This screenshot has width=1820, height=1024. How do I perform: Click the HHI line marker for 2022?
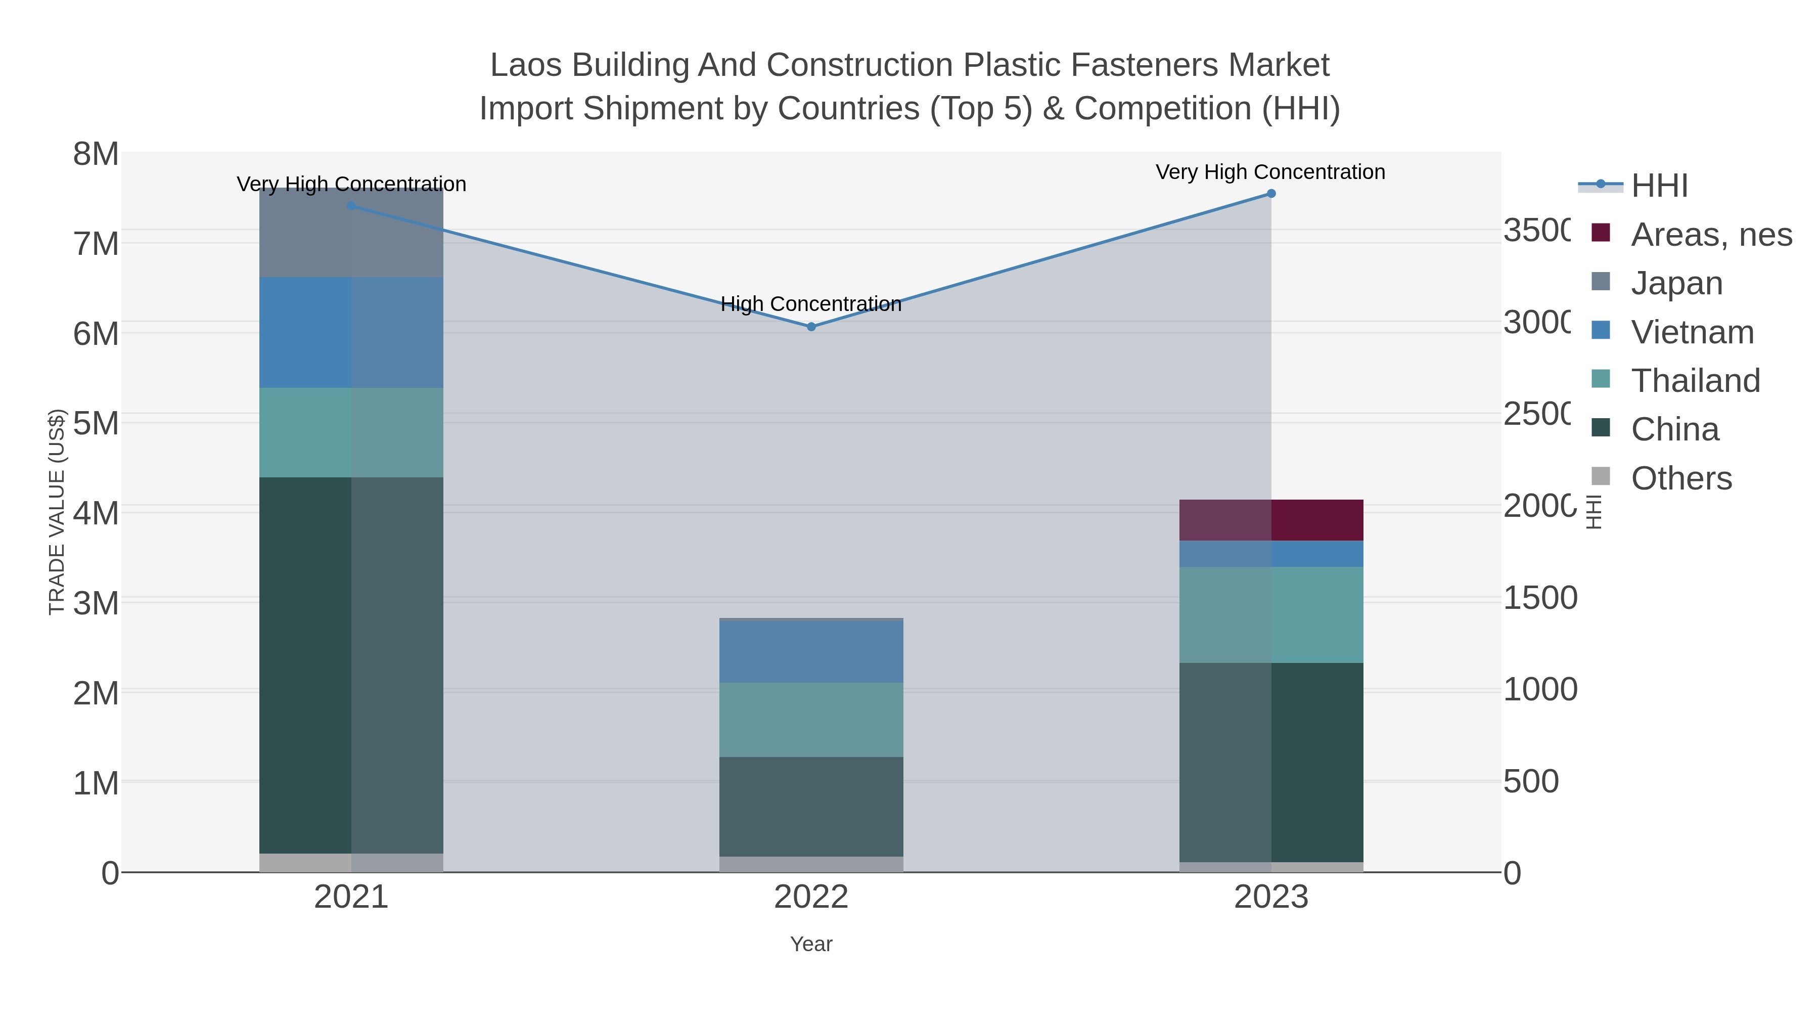tap(811, 327)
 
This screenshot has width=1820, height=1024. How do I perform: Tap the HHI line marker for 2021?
tap(351, 206)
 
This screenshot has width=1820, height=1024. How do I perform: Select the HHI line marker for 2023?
tap(1271, 193)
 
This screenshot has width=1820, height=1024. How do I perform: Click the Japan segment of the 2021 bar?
tap(351, 233)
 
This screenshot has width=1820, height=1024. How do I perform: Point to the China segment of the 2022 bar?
tap(811, 807)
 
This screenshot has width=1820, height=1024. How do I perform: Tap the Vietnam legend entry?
tap(1692, 332)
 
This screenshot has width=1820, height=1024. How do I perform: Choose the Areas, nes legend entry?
tap(1710, 235)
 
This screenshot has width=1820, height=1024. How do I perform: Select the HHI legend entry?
tap(1659, 186)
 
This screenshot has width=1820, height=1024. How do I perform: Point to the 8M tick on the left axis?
tap(96, 154)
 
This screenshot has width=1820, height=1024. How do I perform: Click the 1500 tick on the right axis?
tap(1539, 598)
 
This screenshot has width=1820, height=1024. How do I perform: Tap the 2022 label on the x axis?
tap(811, 898)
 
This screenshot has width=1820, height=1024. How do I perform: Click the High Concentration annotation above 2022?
tap(811, 304)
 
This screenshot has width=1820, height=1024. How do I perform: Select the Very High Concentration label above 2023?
tap(1270, 172)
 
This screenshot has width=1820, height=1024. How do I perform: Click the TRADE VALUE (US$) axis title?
tap(57, 512)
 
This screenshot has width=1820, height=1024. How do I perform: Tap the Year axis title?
tap(811, 944)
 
